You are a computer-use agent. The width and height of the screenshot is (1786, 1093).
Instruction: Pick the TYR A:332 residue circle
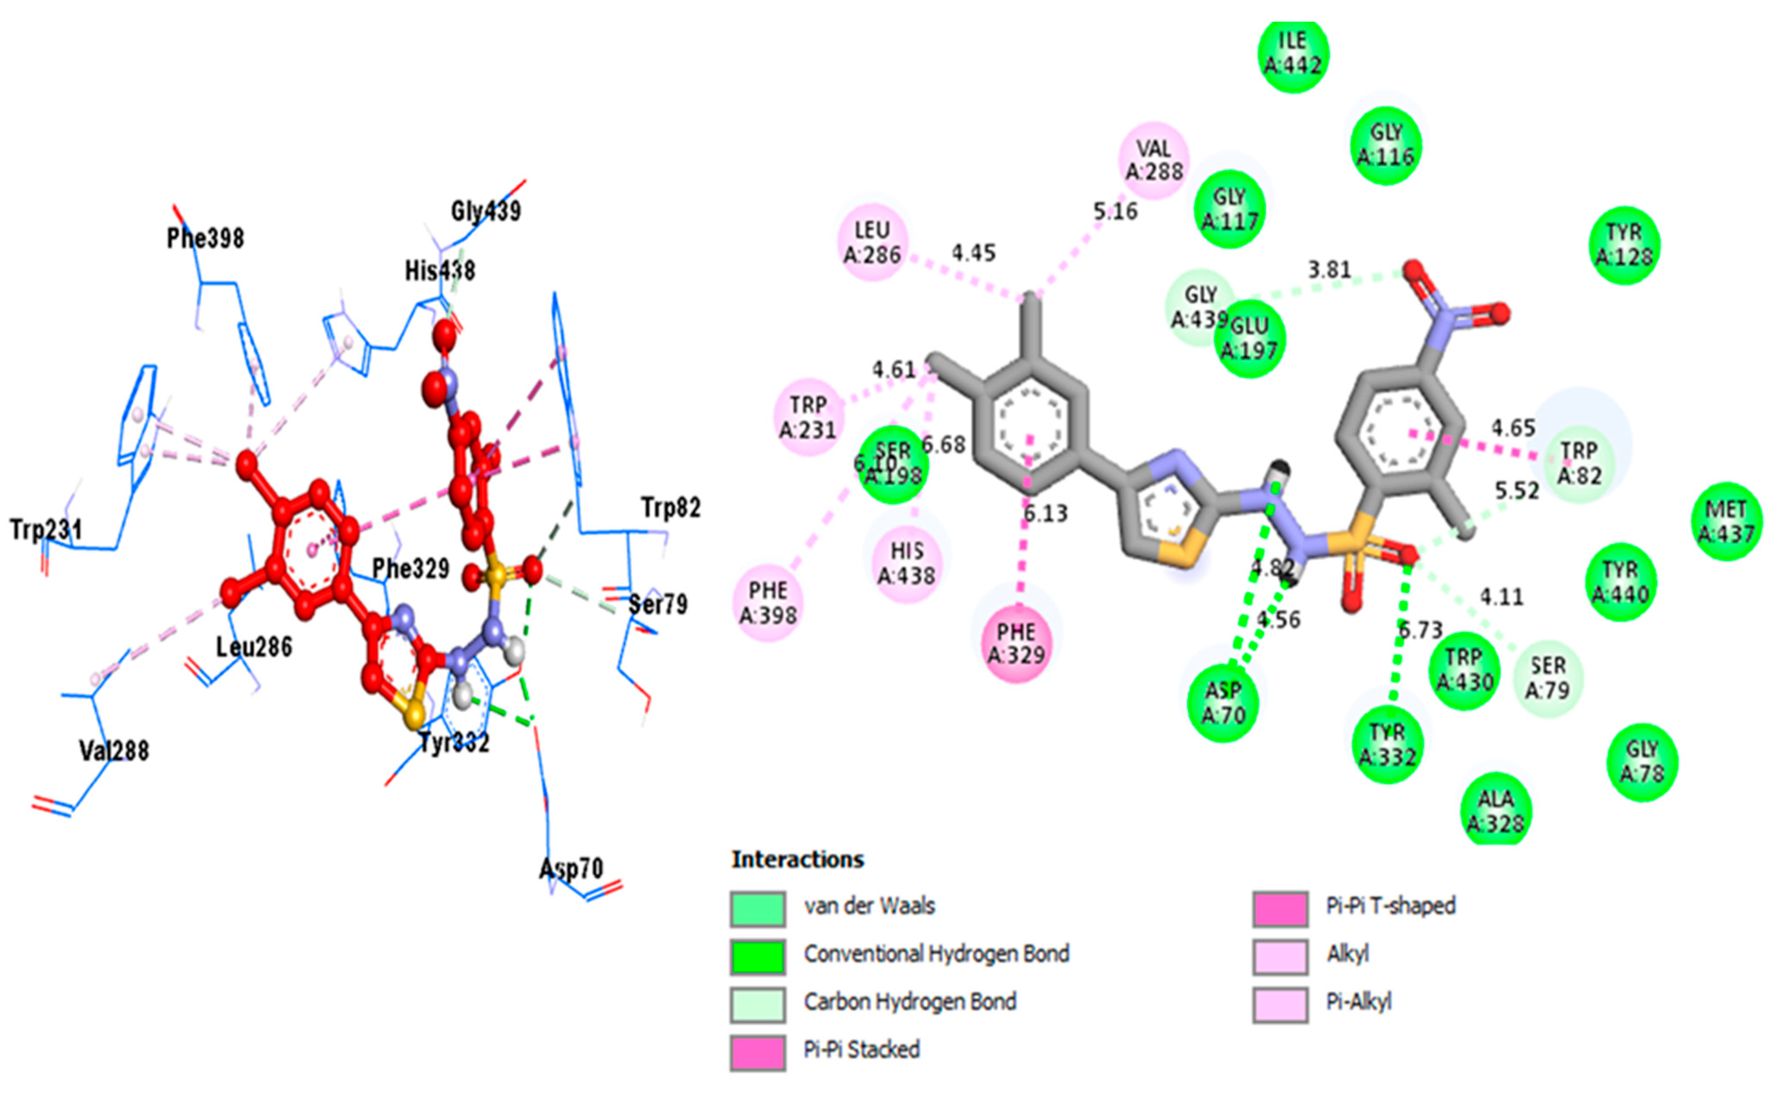coord(1387,744)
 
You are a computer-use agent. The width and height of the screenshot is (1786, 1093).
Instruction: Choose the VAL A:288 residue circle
coord(1154,160)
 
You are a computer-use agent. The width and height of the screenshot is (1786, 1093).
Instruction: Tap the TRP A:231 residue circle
coord(808,417)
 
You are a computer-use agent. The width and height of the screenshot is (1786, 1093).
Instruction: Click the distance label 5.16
coord(1115,212)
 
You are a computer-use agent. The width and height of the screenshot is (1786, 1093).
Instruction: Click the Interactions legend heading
coord(798,860)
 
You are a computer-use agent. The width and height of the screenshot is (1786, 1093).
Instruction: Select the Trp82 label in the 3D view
coord(671,508)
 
